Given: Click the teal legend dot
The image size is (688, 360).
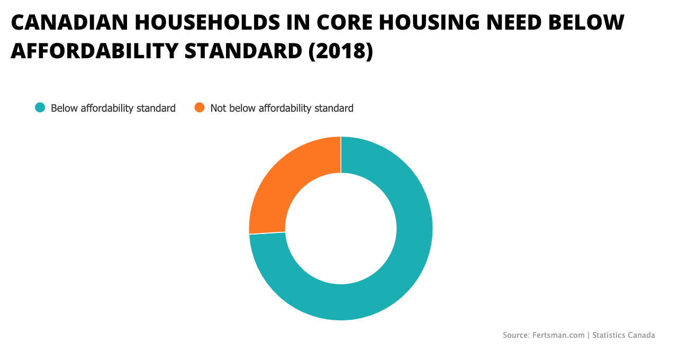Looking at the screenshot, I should (x=40, y=108).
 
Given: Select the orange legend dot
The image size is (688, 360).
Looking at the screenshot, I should (x=200, y=108).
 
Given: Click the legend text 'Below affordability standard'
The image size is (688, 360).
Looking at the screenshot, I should (x=113, y=109).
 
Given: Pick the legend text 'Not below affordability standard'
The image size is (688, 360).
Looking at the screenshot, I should (x=282, y=109).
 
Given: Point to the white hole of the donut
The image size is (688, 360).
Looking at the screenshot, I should (x=341, y=228).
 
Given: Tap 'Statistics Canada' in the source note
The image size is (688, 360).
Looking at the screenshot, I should (x=623, y=335).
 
